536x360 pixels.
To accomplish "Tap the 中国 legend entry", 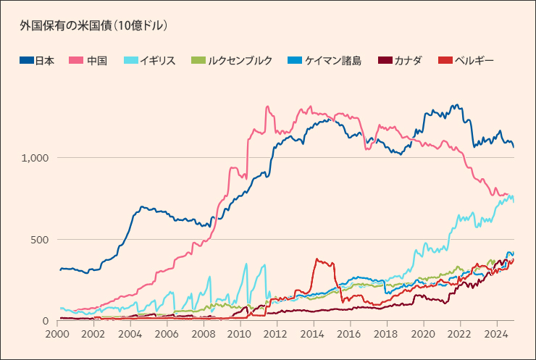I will click(96, 61).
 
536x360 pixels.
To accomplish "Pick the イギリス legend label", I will click(156, 61).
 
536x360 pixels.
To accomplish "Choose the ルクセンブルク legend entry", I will click(240, 61).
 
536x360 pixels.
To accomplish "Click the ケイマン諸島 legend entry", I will click(338, 61).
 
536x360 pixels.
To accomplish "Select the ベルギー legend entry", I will click(474, 61).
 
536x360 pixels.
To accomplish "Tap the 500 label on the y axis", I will click(40, 240).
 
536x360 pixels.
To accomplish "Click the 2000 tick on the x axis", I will click(56, 335).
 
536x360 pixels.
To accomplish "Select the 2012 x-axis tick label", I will click(276, 335).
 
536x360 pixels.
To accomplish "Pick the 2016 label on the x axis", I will click(349, 335).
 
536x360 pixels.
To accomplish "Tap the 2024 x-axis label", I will click(495, 335).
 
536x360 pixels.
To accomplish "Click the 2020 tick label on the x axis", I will click(422, 335).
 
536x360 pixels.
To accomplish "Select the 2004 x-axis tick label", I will click(130, 335).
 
